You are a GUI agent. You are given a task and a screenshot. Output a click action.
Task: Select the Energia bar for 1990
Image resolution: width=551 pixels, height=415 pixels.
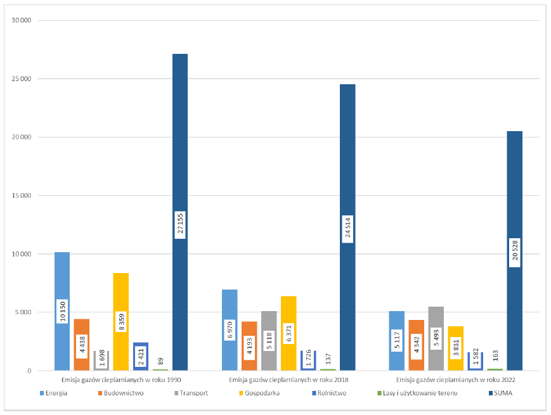62,279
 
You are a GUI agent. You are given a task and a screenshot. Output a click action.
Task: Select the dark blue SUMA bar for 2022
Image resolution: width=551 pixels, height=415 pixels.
514,190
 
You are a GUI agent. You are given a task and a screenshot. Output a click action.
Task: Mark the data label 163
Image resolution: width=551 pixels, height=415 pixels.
495,356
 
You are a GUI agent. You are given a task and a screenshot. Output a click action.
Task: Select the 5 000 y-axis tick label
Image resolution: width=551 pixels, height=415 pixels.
23,312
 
